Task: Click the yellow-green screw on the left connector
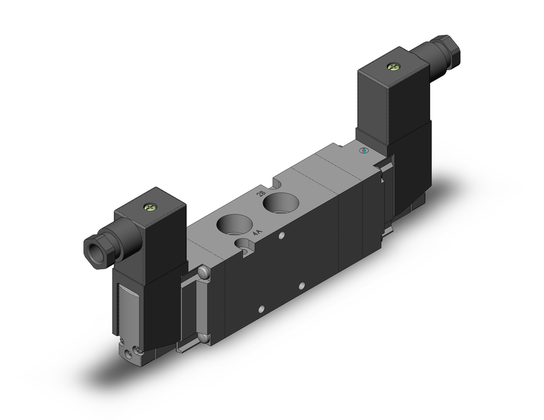click(149, 207)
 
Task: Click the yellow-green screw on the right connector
click(393, 66)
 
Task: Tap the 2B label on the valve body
click(261, 193)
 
